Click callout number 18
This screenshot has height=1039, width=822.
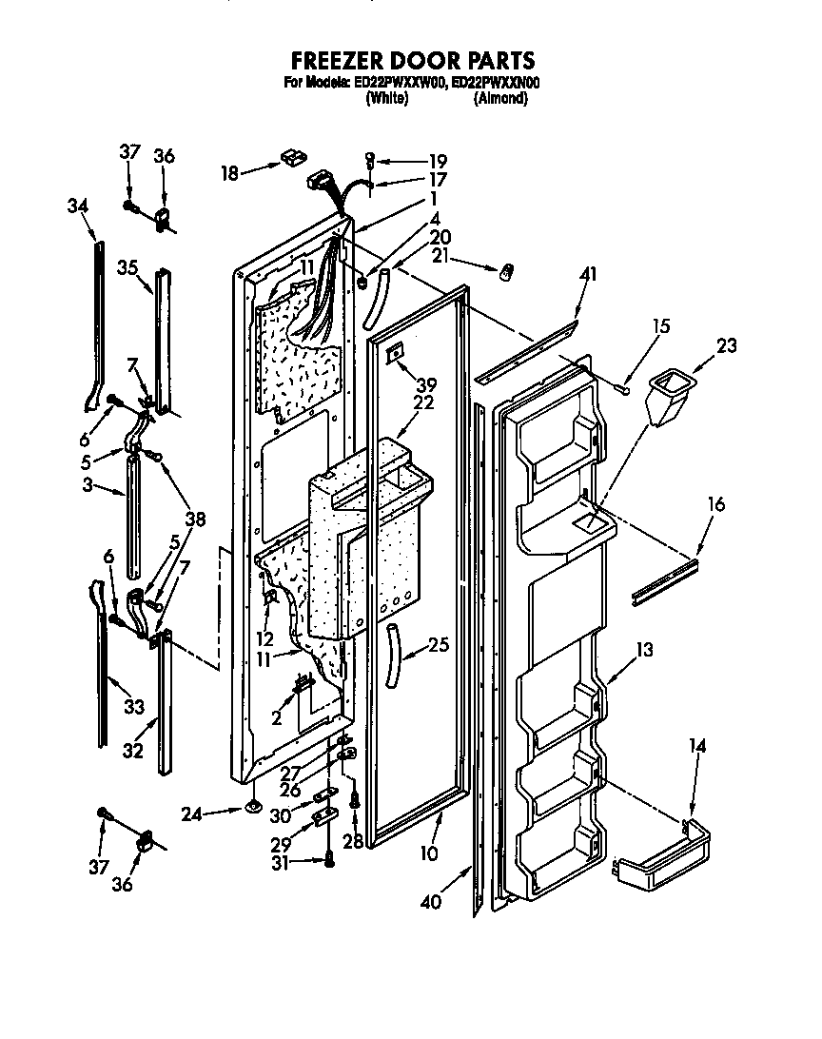tap(229, 172)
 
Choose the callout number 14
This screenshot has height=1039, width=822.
tap(697, 747)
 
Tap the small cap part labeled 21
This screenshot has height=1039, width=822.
tap(506, 272)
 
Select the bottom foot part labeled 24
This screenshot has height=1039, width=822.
tap(254, 808)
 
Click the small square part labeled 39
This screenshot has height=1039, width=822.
tap(394, 354)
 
